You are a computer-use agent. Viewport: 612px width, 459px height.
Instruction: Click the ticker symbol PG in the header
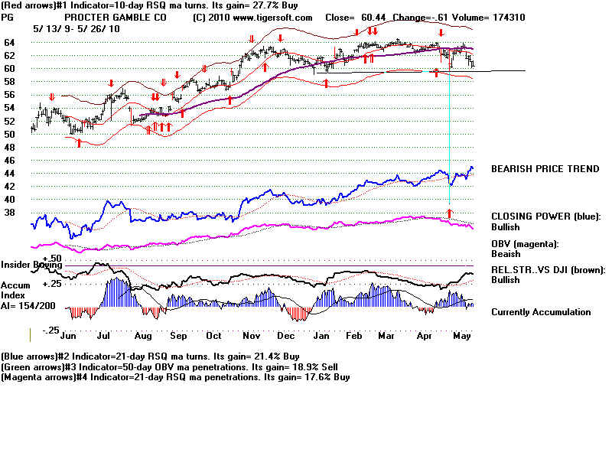click(x=8, y=17)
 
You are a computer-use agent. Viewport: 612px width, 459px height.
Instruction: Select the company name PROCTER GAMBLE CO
click(x=116, y=17)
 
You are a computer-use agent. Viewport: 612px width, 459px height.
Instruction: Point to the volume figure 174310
click(x=508, y=17)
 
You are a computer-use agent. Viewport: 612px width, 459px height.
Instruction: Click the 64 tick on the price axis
click(x=9, y=43)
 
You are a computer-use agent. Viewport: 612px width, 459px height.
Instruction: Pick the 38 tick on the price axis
click(x=9, y=213)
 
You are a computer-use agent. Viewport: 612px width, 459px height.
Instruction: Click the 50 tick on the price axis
click(x=9, y=135)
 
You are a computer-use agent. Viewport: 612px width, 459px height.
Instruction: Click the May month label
click(x=462, y=336)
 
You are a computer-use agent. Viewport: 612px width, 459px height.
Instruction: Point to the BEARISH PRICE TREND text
click(x=545, y=169)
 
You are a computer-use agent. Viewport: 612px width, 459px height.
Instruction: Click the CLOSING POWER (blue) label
click(x=546, y=216)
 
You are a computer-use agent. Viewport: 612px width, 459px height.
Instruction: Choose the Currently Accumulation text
click(x=541, y=312)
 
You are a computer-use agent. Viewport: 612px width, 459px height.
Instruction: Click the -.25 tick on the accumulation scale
click(x=50, y=330)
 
